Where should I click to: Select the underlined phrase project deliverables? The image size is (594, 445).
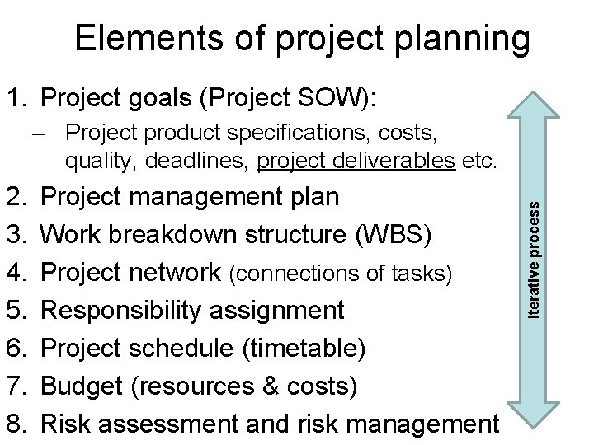[356, 162]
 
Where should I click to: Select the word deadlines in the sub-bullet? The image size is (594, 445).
[211, 162]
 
